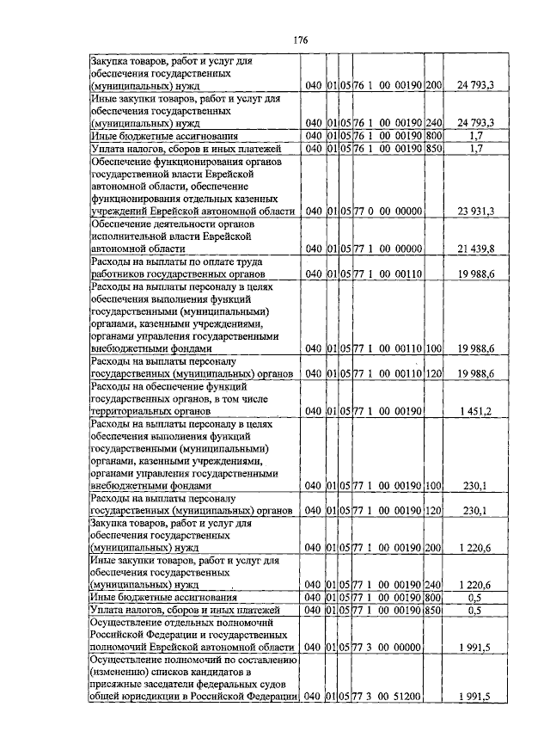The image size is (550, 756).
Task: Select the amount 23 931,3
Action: (474, 211)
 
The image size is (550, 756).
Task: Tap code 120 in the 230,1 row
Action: (433, 511)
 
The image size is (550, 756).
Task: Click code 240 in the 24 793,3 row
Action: (433, 122)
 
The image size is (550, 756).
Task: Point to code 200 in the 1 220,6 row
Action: (433, 547)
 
